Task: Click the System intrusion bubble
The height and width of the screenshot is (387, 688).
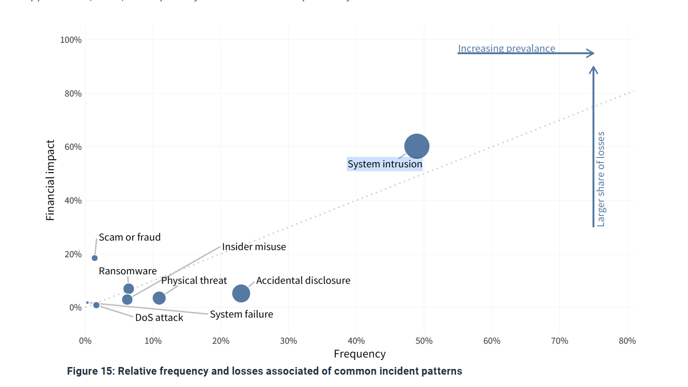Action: (x=417, y=146)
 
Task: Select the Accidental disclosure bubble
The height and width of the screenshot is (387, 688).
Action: (x=241, y=293)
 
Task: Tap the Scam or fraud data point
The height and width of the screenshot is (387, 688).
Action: (x=95, y=258)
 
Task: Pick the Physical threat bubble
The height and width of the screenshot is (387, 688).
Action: (x=159, y=298)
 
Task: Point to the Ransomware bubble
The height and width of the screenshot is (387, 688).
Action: (x=129, y=289)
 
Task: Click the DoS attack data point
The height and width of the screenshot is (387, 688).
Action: (x=96, y=305)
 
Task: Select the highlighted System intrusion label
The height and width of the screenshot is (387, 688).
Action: (x=385, y=164)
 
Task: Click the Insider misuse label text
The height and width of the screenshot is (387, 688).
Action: (x=254, y=247)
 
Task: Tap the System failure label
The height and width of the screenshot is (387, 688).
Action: (x=241, y=314)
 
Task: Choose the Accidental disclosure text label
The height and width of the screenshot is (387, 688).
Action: (x=303, y=281)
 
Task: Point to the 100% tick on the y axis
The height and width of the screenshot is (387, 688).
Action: (x=71, y=40)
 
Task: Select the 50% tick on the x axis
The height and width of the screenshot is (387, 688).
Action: (x=424, y=340)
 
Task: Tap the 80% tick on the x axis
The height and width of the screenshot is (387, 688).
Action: (x=627, y=340)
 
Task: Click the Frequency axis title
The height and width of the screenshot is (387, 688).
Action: (x=360, y=354)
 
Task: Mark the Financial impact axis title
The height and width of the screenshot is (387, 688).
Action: (x=50, y=180)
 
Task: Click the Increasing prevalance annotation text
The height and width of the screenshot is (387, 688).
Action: (x=506, y=48)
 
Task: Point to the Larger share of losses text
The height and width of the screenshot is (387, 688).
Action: (x=601, y=179)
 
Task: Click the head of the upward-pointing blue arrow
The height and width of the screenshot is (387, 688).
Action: (x=593, y=70)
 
